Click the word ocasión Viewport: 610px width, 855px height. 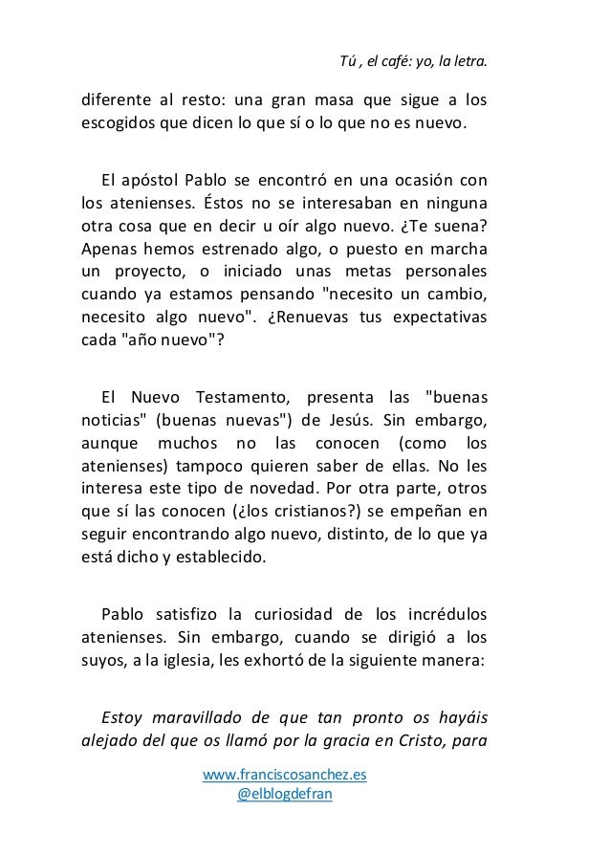[x=420, y=179]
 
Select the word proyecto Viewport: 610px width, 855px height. [x=146, y=271]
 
